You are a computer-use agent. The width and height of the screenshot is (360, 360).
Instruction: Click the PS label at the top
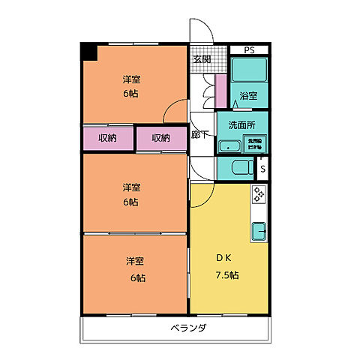coord(249,50)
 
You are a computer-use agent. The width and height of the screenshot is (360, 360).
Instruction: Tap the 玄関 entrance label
coord(201,59)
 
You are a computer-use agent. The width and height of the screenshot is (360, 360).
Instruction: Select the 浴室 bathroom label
coord(248,95)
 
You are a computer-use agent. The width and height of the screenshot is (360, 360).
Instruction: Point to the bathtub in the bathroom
coord(248,72)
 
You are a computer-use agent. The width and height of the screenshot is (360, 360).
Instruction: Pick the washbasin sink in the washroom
coord(229,145)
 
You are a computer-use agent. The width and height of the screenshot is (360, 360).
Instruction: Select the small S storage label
coord(262,168)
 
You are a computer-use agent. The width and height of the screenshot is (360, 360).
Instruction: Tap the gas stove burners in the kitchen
coord(259,194)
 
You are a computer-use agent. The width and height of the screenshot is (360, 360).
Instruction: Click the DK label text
coord(223,258)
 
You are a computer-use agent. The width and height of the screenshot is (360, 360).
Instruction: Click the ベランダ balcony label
coord(187,328)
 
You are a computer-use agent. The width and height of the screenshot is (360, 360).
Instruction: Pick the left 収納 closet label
coord(106,137)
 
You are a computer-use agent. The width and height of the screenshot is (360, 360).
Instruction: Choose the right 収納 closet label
coord(160,137)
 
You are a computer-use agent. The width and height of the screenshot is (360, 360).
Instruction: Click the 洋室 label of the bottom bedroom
coord(135,261)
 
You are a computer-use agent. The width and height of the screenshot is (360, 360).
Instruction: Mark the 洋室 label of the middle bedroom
coord(132,187)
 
